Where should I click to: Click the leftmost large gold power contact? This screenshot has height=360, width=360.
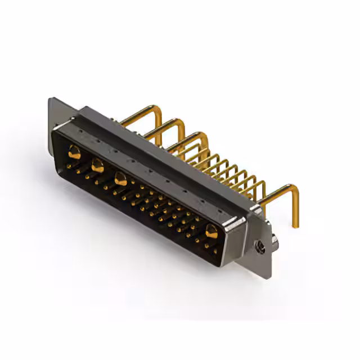click(74, 151)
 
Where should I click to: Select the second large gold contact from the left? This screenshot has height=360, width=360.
click(97, 165)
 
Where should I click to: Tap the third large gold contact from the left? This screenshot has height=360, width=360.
click(120, 179)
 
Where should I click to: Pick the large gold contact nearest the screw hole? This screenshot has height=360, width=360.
click(211, 231)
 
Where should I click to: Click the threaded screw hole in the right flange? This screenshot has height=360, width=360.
click(260, 245)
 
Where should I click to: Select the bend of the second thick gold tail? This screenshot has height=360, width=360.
click(180, 122)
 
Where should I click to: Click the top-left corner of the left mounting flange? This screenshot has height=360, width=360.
click(51, 100)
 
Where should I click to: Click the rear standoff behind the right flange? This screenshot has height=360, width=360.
click(274, 242)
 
